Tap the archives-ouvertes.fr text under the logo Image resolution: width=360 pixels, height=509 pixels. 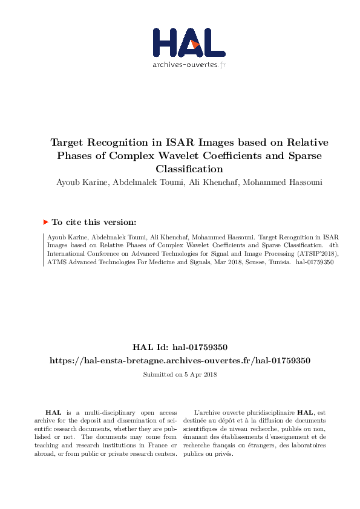pyautogui.click(x=189, y=65)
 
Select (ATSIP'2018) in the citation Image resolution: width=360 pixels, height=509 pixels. pyautogui.click(x=304, y=254)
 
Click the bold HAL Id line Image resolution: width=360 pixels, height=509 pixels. pyautogui.click(x=180, y=347)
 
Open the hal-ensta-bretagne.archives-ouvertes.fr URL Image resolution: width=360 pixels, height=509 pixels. pyautogui.click(x=180, y=360)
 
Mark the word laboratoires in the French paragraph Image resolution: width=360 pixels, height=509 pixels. pyautogui.click(x=307, y=446)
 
